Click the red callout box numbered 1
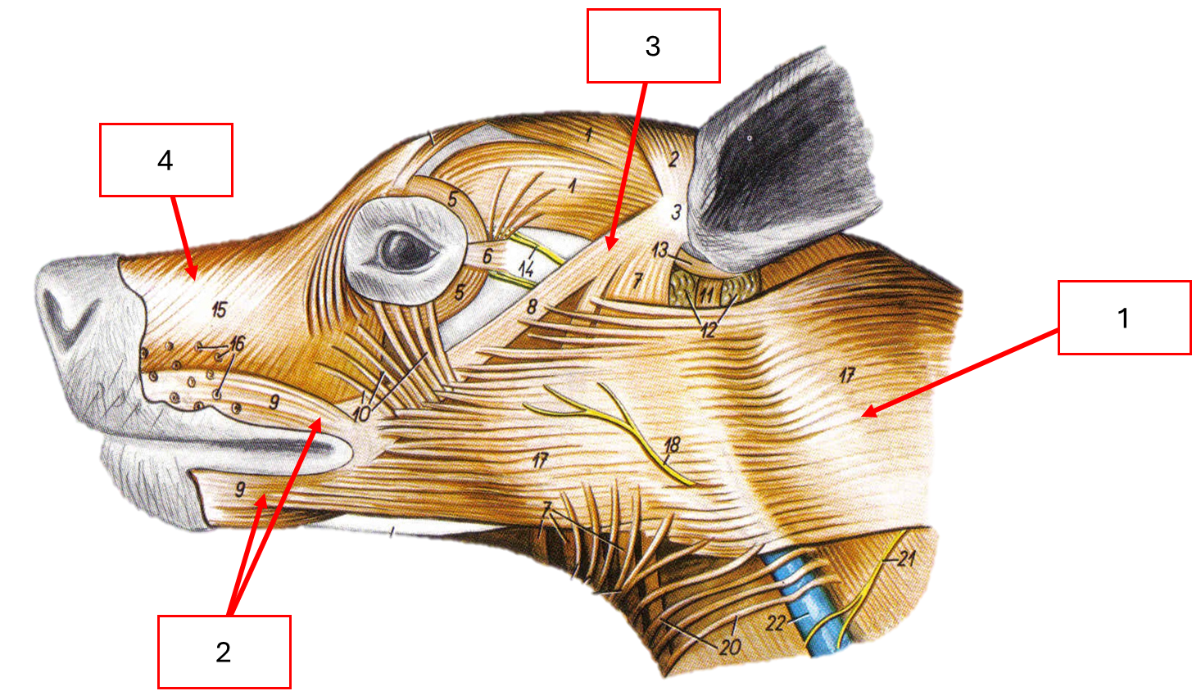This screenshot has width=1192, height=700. pyautogui.click(x=1124, y=317)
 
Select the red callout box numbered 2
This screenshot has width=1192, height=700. pyautogui.click(x=224, y=652)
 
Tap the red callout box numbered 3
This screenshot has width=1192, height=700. pyautogui.click(x=653, y=46)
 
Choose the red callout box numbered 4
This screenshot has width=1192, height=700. pyautogui.click(x=165, y=160)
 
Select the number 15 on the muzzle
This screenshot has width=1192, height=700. pyautogui.click(x=218, y=309)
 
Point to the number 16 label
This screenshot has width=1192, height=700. pyautogui.click(x=236, y=344)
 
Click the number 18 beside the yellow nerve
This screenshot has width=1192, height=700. pyautogui.click(x=672, y=446)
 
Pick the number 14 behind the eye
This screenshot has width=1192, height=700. pyautogui.click(x=526, y=267)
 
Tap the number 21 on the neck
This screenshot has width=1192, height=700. pyautogui.click(x=905, y=559)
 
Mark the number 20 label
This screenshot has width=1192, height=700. pyautogui.click(x=730, y=647)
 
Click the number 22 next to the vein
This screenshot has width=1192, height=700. pyautogui.click(x=776, y=623)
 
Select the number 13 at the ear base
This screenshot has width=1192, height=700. pyautogui.click(x=660, y=250)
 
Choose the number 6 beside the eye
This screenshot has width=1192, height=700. pyautogui.click(x=487, y=256)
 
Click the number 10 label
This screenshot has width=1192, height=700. pyautogui.click(x=361, y=413)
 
